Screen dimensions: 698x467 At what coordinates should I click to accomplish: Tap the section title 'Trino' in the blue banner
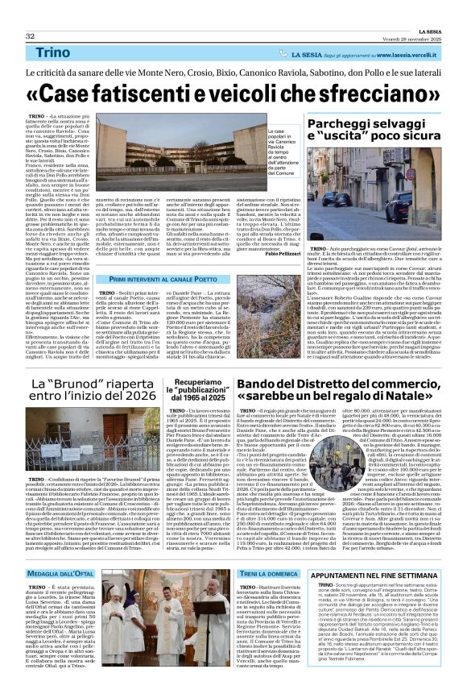(48, 53)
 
